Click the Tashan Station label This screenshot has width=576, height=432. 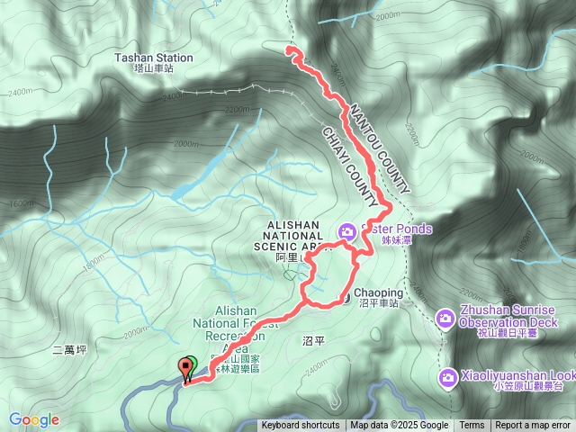pos(154,58)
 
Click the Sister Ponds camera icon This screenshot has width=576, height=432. pos(346,231)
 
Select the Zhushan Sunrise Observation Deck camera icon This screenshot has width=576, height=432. pos(445,318)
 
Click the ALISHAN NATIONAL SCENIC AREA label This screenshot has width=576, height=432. pos(293,236)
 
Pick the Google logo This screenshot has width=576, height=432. pos(33,419)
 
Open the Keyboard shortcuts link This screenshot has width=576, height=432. pos(301,426)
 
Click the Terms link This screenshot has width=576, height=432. pos(472,426)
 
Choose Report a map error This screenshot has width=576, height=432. pos(534,426)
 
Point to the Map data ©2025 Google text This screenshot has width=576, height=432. pos(400,426)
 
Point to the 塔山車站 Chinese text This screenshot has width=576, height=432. pos(154,68)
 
